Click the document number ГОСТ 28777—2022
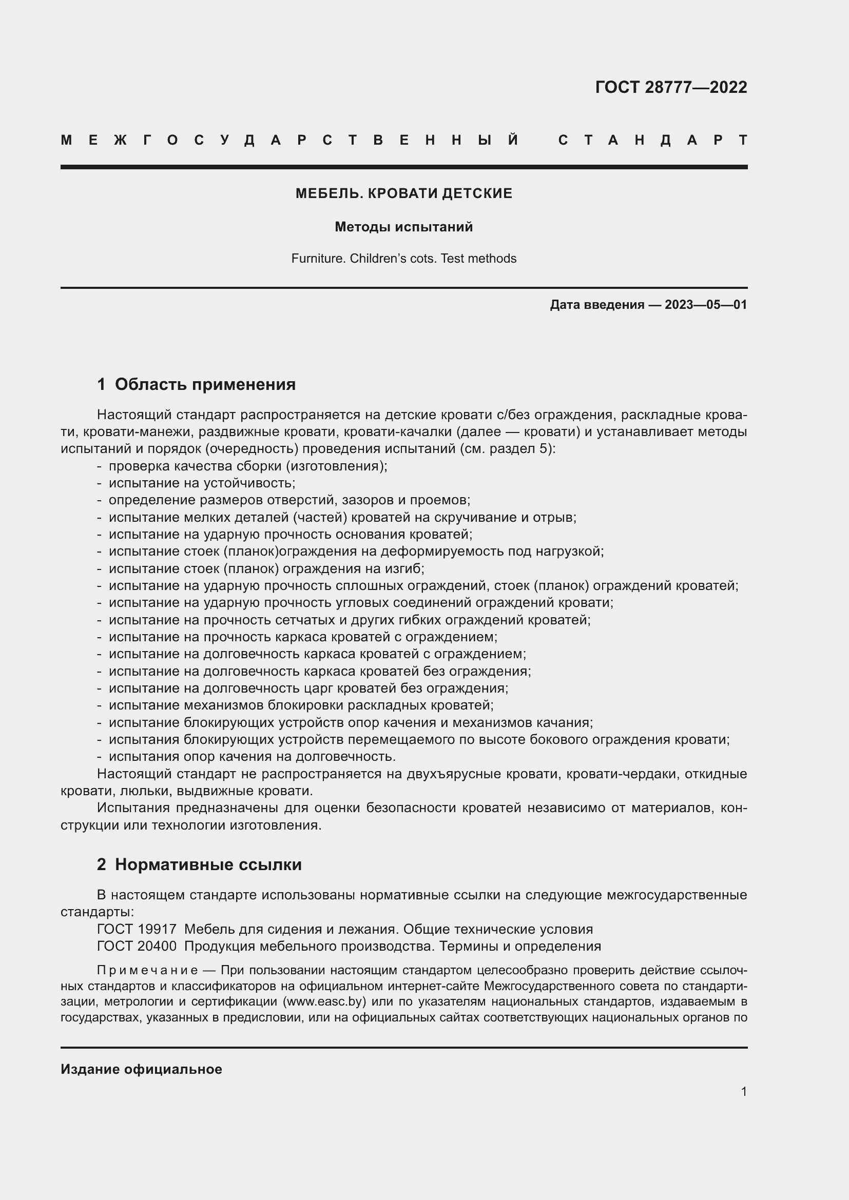pos(671,87)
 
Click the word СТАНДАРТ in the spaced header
pos(652,140)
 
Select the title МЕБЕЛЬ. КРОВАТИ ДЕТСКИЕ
pos(403,193)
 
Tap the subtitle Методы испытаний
pos(403,227)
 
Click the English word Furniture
pos(318,259)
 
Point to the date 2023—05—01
pos(705,305)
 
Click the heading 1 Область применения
pos(196,385)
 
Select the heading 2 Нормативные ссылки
pos(199,864)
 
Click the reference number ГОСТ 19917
pos(137,929)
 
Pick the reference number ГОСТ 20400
pos(137,946)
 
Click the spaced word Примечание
pos(147,971)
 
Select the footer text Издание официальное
pos(141,1069)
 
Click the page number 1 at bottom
pos(743,1092)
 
